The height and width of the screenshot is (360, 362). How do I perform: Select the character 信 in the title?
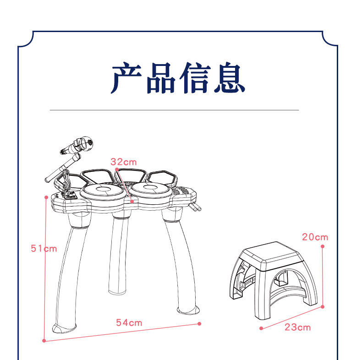(x=195, y=79)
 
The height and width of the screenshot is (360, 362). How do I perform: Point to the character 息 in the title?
(x=229, y=79)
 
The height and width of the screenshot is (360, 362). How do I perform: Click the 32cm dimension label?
(x=124, y=162)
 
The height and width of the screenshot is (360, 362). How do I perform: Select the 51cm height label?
(x=44, y=248)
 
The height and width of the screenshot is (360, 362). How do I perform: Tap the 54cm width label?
(x=129, y=323)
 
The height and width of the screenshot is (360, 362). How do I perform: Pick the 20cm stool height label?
(x=315, y=237)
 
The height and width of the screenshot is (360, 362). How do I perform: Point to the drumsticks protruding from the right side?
(x=196, y=208)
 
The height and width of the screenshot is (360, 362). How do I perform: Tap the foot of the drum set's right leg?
(x=190, y=311)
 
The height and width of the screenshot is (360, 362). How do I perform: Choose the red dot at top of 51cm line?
(x=46, y=197)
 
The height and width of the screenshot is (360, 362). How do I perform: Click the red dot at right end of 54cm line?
(x=199, y=323)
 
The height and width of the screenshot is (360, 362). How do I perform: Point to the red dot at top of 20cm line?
(x=323, y=246)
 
